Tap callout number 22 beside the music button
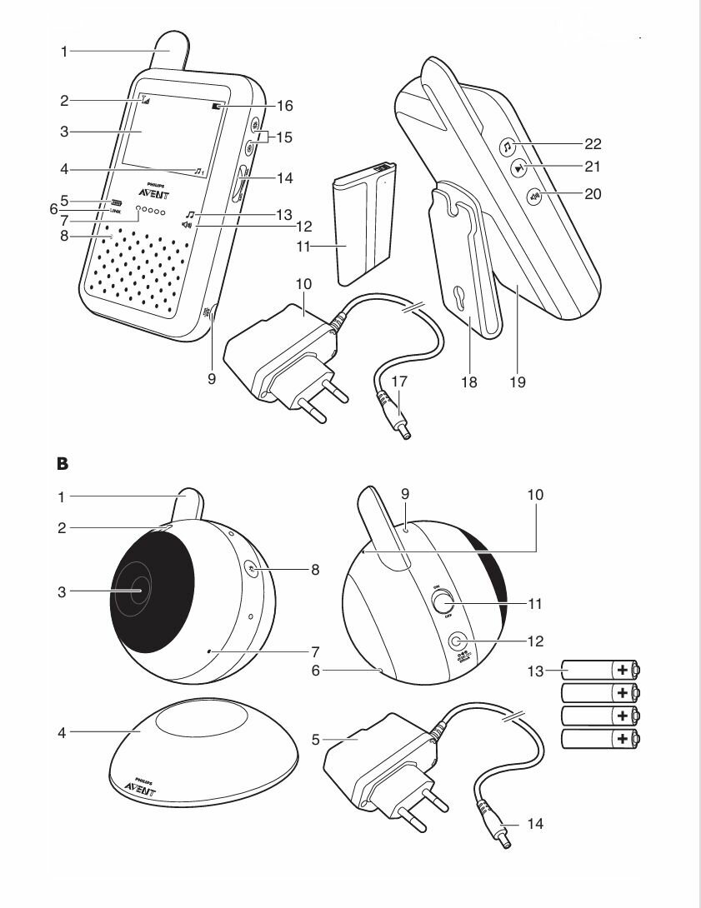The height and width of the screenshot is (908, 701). click(592, 144)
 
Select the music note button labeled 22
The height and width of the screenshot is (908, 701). click(507, 147)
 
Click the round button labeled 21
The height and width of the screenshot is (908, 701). click(519, 168)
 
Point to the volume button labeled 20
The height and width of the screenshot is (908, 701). click(534, 197)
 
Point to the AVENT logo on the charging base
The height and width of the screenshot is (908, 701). click(138, 789)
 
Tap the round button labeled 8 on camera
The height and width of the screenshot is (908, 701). click(253, 567)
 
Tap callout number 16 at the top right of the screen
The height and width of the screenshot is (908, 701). click(285, 107)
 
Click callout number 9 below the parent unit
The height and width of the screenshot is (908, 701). click(212, 377)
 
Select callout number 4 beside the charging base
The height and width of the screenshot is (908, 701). click(62, 732)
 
